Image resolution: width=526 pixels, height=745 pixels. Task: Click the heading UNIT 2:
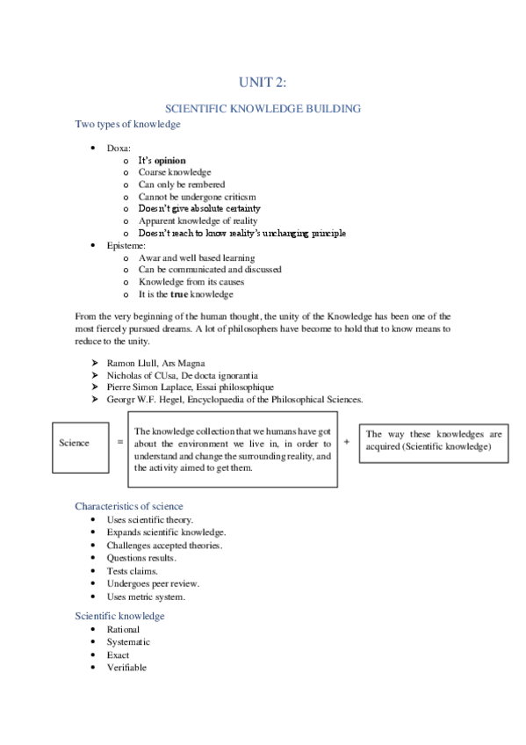pyautogui.click(x=263, y=83)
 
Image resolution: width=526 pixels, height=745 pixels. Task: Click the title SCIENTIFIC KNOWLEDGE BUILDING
pyautogui.click(x=263, y=108)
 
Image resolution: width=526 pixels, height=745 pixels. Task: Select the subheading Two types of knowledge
pyautogui.click(x=127, y=125)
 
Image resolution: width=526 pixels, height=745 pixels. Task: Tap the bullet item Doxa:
pyautogui.click(x=119, y=148)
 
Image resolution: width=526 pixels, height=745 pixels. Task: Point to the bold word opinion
pyautogui.click(x=170, y=161)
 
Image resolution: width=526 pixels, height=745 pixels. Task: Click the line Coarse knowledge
pyautogui.click(x=174, y=173)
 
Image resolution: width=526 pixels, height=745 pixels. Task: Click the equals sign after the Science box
pyautogui.click(x=119, y=443)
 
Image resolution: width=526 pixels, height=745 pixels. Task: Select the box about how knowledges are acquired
pyautogui.click(x=433, y=441)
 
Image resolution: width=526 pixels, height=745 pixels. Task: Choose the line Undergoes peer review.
pyautogui.click(x=153, y=583)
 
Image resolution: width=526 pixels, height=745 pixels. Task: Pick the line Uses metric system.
pyautogui.click(x=146, y=597)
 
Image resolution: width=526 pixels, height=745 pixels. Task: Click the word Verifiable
pyautogui.click(x=126, y=667)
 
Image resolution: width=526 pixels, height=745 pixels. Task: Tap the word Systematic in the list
pyautogui.click(x=128, y=642)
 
